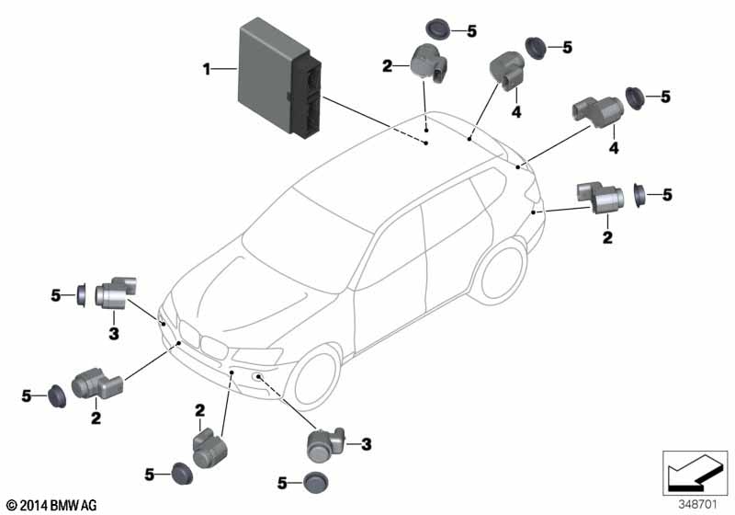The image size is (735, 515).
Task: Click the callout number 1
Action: pos(207,67)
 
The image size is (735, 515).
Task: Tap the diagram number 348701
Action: pos(699,503)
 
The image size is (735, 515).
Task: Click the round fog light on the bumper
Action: pos(260,377)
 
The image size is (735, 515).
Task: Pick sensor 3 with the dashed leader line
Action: pos(326,446)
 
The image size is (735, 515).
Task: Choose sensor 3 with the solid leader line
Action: pos(111,292)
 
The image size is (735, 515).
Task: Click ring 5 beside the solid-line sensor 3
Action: pos(81,295)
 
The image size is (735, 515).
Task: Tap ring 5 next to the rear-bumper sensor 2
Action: pos(640,195)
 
